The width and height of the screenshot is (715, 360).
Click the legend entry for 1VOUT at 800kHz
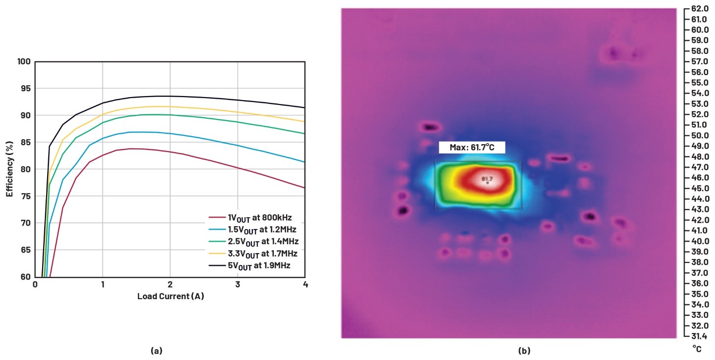(x=250, y=218)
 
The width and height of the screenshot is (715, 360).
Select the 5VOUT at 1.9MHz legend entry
(x=250, y=266)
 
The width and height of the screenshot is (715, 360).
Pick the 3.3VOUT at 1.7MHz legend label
(x=253, y=254)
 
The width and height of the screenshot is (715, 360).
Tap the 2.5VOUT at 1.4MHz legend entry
(x=254, y=242)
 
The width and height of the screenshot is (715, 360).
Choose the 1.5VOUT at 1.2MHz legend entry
(x=253, y=230)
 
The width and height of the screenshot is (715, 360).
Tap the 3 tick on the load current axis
(x=238, y=284)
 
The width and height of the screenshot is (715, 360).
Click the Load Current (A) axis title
(x=170, y=297)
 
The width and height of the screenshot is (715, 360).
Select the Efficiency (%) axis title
(x=10, y=169)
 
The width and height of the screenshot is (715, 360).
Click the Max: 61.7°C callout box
(x=472, y=148)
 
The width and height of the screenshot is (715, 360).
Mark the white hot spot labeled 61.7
(x=487, y=180)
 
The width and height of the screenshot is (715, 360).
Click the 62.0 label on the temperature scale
(x=700, y=9)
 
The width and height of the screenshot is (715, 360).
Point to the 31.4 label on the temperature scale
(x=700, y=336)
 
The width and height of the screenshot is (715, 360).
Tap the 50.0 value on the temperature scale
(x=700, y=135)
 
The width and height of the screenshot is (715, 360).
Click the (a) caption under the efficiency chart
(x=157, y=351)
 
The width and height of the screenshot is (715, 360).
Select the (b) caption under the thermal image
(x=525, y=351)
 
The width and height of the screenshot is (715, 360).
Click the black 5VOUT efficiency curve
(x=170, y=97)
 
